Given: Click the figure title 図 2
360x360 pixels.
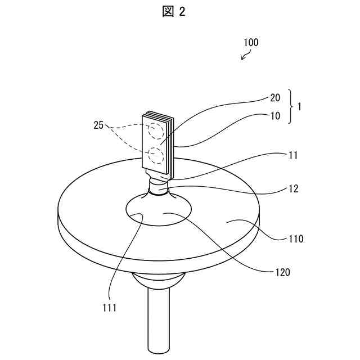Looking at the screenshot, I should (x=174, y=12).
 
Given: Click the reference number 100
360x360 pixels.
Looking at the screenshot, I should (x=251, y=42).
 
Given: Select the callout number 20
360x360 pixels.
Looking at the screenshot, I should (x=275, y=97).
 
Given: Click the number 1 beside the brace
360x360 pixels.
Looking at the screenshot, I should (x=299, y=106).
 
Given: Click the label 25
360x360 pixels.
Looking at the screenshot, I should (x=99, y=125).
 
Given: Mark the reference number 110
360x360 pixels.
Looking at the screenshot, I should (x=295, y=238).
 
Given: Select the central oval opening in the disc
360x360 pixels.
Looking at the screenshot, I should (x=159, y=211).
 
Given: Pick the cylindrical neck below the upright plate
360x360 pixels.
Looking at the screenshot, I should (x=157, y=186).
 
